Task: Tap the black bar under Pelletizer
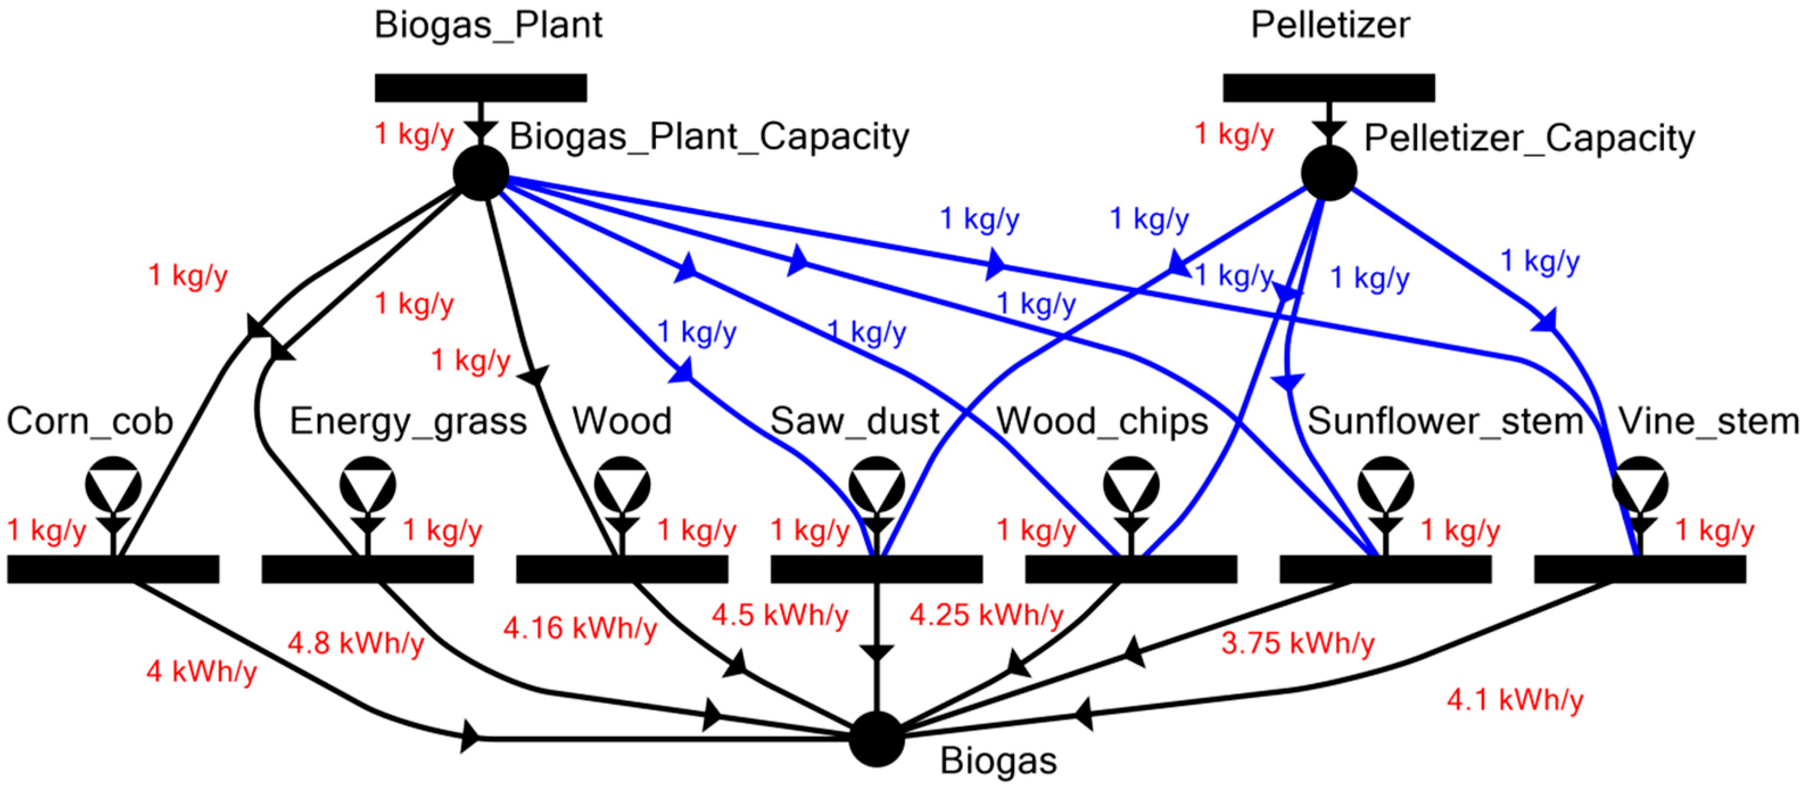[1329, 88]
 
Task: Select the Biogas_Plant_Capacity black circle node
[481, 172]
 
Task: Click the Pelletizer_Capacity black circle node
[1329, 172]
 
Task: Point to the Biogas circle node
[877, 739]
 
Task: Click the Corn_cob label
[90, 421]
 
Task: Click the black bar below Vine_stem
[1639, 569]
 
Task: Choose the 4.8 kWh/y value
[356, 643]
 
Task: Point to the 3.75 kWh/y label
[1297, 643]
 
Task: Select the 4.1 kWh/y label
[1515, 699]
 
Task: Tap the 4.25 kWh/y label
[986, 615]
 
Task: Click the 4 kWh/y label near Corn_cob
[201, 671]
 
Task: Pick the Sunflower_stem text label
[1445, 421]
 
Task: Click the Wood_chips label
[1102, 421]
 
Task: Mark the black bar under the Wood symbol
[622, 569]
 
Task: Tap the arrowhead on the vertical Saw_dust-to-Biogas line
[877, 652]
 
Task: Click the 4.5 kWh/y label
[780, 615]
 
